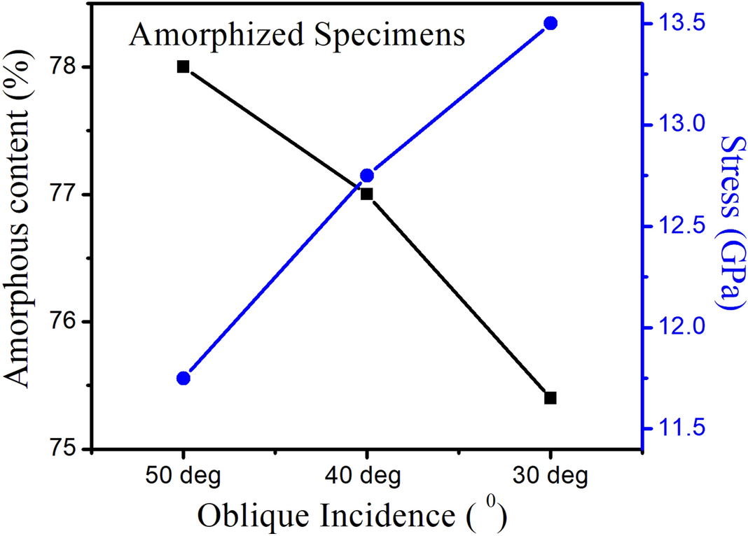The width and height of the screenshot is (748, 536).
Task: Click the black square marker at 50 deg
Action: click(183, 66)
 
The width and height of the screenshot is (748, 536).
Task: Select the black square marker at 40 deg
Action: click(366, 194)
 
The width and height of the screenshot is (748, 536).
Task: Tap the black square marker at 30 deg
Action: click(550, 397)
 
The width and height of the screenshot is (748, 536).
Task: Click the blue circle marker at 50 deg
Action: click(183, 378)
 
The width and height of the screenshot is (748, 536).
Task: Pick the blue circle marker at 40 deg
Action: click(366, 175)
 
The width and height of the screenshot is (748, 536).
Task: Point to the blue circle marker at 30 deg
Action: click(550, 23)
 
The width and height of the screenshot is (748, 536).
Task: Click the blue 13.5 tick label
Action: click(675, 24)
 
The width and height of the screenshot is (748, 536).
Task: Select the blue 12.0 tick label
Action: click(675, 327)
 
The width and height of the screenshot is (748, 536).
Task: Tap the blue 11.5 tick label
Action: click(675, 429)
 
